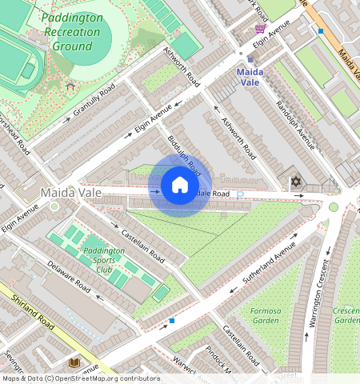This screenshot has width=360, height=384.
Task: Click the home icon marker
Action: [x=180, y=186]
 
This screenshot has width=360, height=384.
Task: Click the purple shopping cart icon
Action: [x=260, y=29]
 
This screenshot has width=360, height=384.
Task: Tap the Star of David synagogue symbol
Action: [x=296, y=183]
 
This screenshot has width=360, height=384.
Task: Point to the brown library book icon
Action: [x=74, y=363]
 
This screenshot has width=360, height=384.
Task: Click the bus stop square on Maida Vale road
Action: [x=321, y=30]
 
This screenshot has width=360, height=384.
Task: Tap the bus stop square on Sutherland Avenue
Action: [x=172, y=321]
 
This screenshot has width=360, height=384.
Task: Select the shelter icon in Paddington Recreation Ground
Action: [x=70, y=85]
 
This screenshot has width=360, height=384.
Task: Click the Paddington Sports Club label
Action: [x=103, y=261]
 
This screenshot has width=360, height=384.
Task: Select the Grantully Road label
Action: [x=94, y=99]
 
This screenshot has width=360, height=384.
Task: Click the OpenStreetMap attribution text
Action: [x=80, y=378]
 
